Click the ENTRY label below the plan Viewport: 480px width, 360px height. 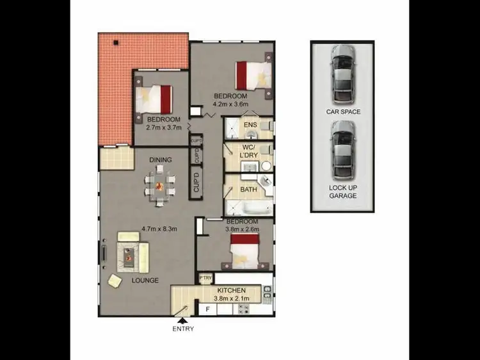coord(182,329)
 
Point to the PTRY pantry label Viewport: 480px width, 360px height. coord(205,278)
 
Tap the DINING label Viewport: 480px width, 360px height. coord(160,160)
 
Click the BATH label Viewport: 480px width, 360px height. coord(248,190)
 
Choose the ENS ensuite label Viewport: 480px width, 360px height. coord(250,124)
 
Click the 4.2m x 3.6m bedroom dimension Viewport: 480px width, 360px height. coord(230,104)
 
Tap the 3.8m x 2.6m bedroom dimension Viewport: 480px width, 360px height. coord(241,228)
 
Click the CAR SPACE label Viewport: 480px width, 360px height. coord(343,111)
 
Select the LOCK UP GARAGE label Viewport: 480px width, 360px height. coord(343,191)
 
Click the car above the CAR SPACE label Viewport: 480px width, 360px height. coord(343,75)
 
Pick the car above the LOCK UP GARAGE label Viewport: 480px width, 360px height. coord(343,153)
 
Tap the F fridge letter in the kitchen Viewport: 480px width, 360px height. coord(208,309)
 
